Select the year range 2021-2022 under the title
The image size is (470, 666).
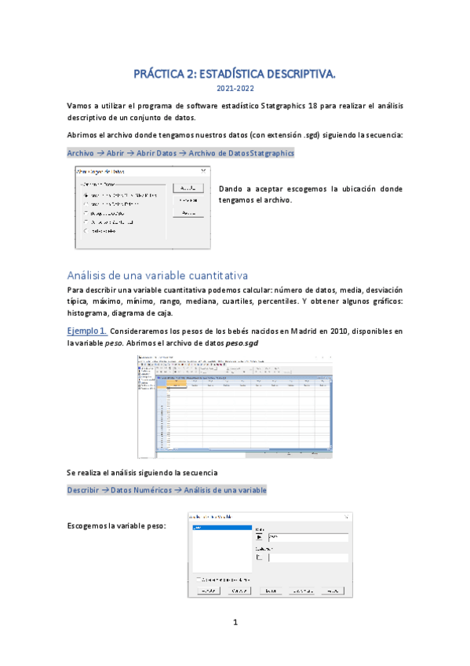point(235,89)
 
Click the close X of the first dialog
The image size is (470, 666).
point(203,170)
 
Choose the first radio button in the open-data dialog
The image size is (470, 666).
point(86,194)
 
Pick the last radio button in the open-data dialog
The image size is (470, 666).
point(86,231)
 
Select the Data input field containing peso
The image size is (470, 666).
point(307,537)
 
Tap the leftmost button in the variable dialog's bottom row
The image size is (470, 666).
point(206,590)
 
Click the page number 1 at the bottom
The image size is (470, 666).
point(235,623)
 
